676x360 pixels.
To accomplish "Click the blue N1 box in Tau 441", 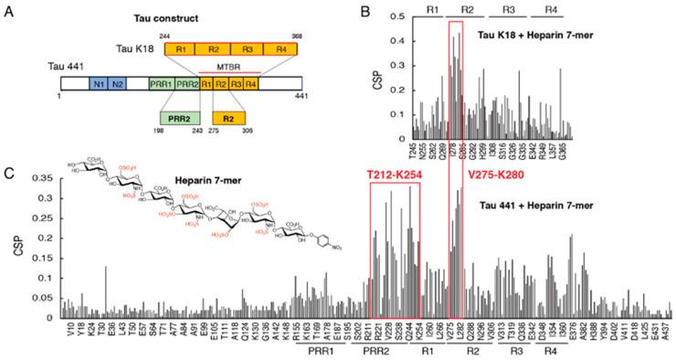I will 98,84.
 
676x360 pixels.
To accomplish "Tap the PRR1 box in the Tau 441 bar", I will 161,84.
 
